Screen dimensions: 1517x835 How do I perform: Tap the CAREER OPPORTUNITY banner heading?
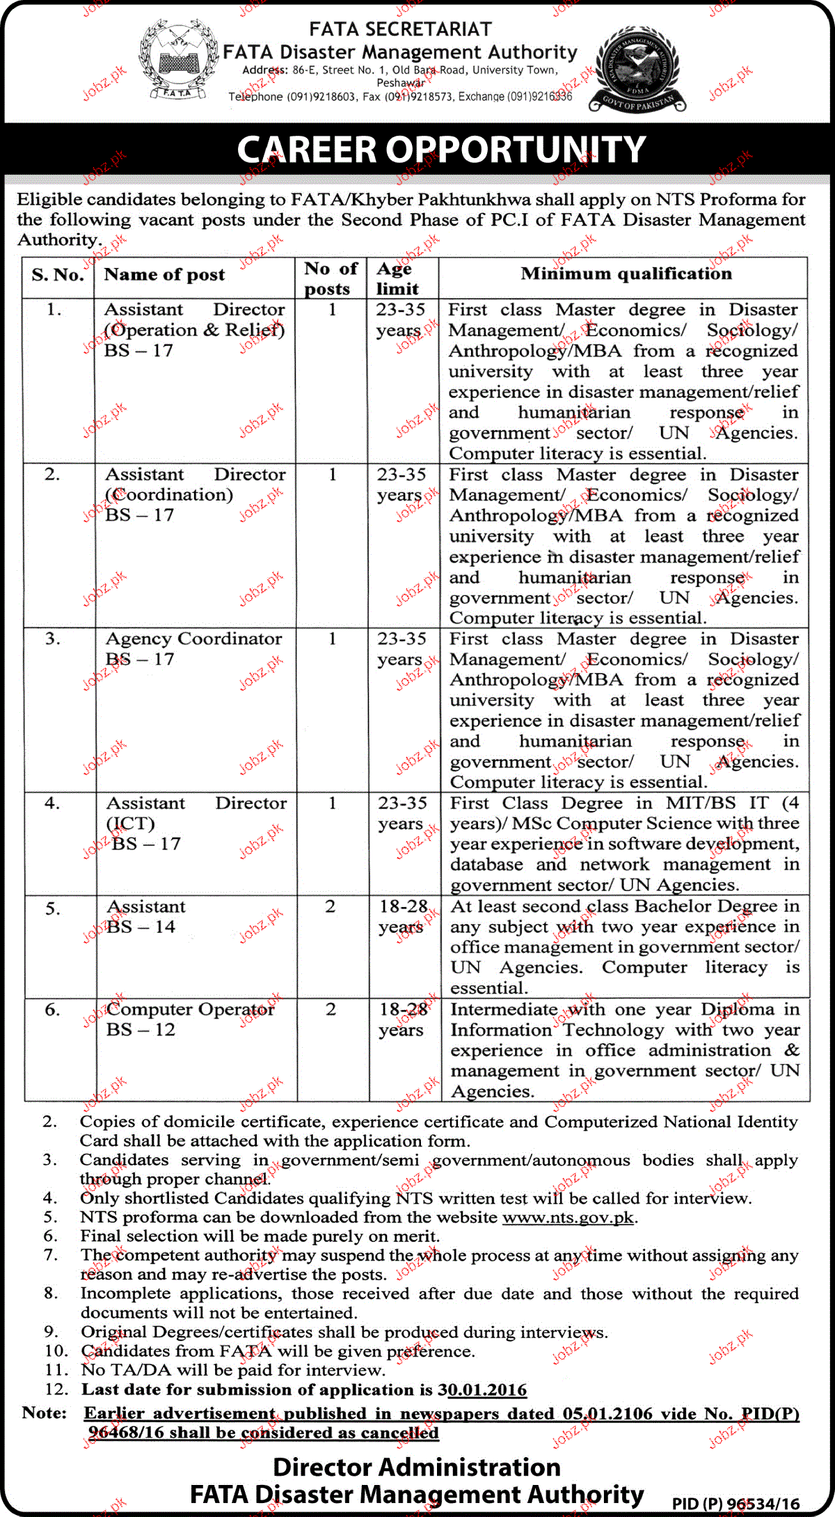(441, 150)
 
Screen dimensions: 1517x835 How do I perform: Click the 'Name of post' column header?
(164, 275)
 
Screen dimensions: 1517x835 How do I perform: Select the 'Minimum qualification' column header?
(626, 274)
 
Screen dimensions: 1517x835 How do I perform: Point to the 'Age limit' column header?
(398, 278)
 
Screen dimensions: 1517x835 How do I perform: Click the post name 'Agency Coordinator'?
(193, 639)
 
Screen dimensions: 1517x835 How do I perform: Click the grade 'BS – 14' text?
(141, 927)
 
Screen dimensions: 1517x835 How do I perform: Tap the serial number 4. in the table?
(52, 803)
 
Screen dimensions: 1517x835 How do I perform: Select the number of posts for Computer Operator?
(331, 1009)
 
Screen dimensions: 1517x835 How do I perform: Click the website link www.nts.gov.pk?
(568, 1218)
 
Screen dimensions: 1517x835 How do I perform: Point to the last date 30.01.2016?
(482, 1390)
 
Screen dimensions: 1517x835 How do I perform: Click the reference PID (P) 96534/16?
(735, 1504)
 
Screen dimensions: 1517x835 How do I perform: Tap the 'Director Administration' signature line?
(416, 1467)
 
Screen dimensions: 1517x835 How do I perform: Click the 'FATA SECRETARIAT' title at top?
(400, 29)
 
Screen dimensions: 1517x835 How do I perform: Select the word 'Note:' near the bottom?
(45, 1413)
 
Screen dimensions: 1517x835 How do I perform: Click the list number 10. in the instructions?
(56, 1351)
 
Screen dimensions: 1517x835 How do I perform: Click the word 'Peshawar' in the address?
(400, 83)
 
